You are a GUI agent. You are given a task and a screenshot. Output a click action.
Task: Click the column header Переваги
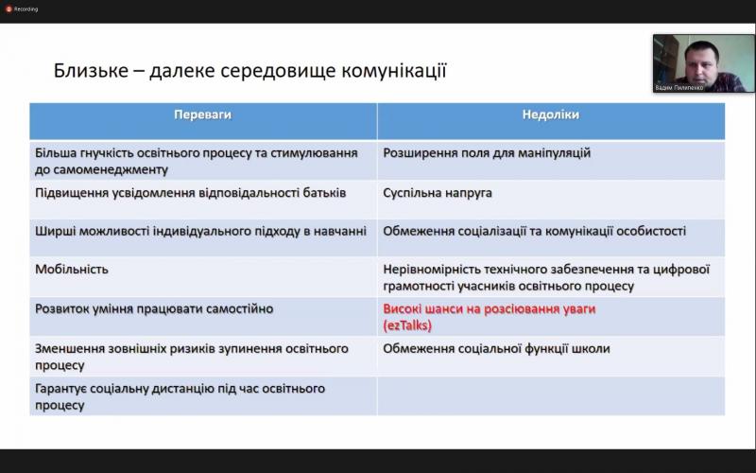click(x=202, y=114)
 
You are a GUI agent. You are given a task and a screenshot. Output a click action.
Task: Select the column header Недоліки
click(x=551, y=114)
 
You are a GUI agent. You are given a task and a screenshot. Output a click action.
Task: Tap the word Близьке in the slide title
click(x=91, y=70)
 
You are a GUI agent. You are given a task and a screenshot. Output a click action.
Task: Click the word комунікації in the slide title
click(x=394, y=70)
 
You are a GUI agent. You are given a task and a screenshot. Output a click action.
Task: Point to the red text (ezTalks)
click(x=407, y=325)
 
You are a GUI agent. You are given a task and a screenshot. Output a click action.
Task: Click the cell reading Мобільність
click(x=72, y=270)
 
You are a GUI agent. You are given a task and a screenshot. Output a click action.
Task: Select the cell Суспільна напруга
click(x=438, y=193)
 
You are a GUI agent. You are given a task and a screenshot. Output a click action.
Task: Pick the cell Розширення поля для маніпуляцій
click(x=487, y=153)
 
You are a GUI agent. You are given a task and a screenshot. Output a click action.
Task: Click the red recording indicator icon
click(x=9, y=9)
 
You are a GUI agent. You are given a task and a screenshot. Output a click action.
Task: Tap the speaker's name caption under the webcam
click(x=679, y=88)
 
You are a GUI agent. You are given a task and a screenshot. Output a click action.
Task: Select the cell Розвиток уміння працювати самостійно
click(x=154, y=309)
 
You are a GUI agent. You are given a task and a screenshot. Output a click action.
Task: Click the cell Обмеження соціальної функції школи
click(x=496, y=348)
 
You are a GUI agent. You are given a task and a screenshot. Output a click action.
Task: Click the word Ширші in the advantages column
click(x=55, y=231)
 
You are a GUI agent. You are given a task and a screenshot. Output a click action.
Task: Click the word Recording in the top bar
click(x=26, y=9)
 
